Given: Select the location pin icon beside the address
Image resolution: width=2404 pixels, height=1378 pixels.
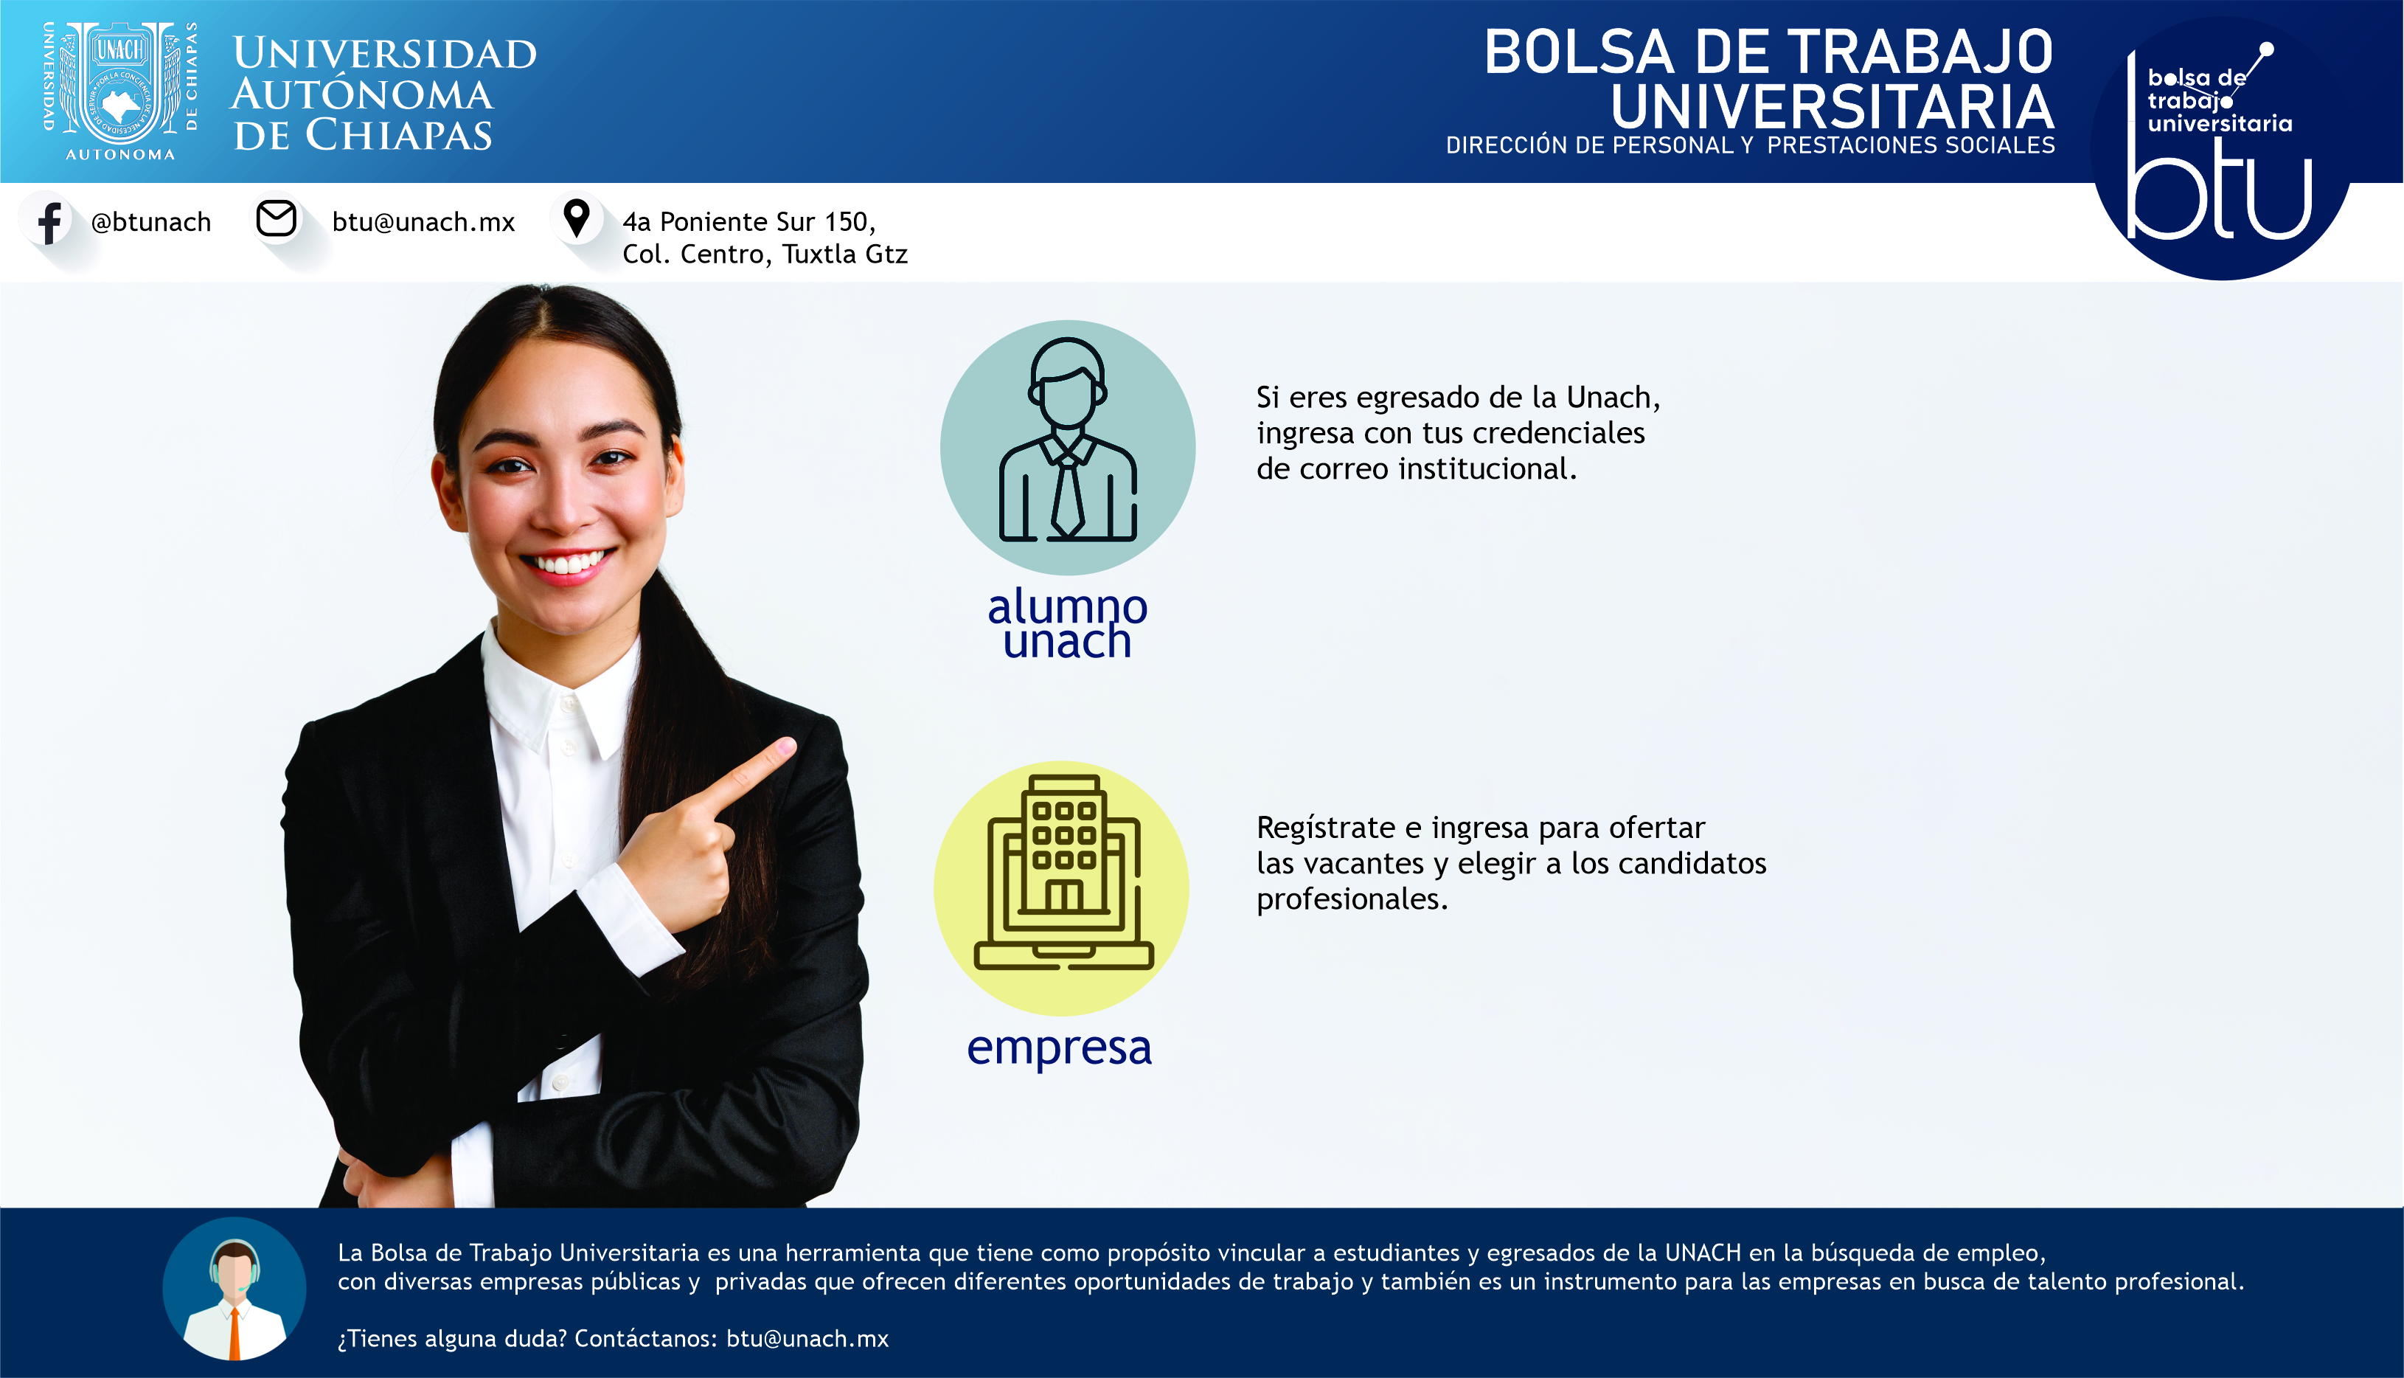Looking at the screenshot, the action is pyautogui.click(x=576, y=218).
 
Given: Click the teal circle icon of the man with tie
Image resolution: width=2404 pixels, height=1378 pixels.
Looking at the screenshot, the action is pyautogui.click(x=1067, y=447).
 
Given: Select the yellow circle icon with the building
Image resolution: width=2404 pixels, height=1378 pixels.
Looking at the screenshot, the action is pyautogui.click(x=1061, y=887).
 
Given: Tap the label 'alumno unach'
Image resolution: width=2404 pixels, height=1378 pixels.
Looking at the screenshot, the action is pyautogui.click(x=1067, y=623).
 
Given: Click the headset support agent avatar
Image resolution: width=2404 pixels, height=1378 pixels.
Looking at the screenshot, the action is pyautogui.click(x=234, y=1288).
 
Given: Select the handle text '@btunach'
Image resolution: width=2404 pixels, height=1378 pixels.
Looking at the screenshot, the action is pyautogui.click(x=150, y=221).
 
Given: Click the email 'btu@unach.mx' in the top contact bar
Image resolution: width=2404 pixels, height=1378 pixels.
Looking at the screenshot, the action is pyautogui.click(x=423, y=221).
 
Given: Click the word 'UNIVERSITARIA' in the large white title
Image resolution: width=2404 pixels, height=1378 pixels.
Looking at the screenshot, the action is pyautogui.click(x=1832, y=106).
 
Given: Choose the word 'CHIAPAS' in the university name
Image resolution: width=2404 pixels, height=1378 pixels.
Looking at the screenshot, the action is pyautogui.click(x=398, y=134).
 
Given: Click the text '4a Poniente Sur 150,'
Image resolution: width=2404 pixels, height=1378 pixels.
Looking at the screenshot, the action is pyautogui.click(x=749, y=221).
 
